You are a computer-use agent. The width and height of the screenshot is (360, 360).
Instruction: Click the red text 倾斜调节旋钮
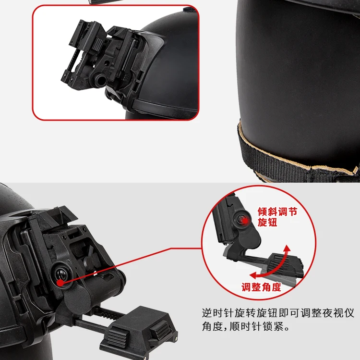coord(277,217)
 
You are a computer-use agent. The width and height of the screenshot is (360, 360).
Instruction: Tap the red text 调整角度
coord(261,287)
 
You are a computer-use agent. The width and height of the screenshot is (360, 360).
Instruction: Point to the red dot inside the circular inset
coord(245,221)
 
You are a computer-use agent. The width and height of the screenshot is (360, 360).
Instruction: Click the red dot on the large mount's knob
coord(60,283)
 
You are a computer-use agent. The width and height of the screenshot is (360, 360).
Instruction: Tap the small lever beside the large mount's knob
coord(89,256)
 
